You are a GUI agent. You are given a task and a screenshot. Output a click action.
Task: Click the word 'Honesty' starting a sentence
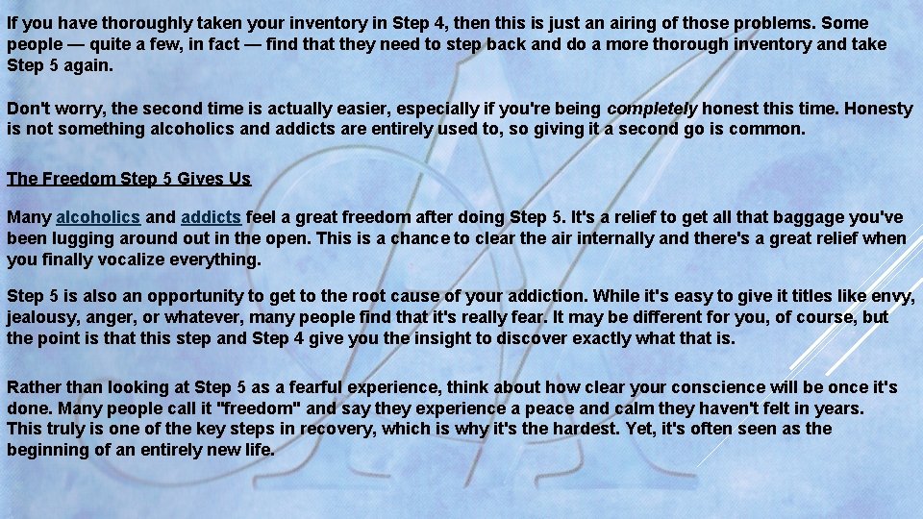[878, 109]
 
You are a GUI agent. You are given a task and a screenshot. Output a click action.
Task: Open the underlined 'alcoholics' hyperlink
[98, 217]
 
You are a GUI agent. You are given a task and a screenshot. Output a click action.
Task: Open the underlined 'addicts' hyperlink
[211, 217]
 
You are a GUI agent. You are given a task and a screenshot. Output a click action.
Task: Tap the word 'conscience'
[691, 387]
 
